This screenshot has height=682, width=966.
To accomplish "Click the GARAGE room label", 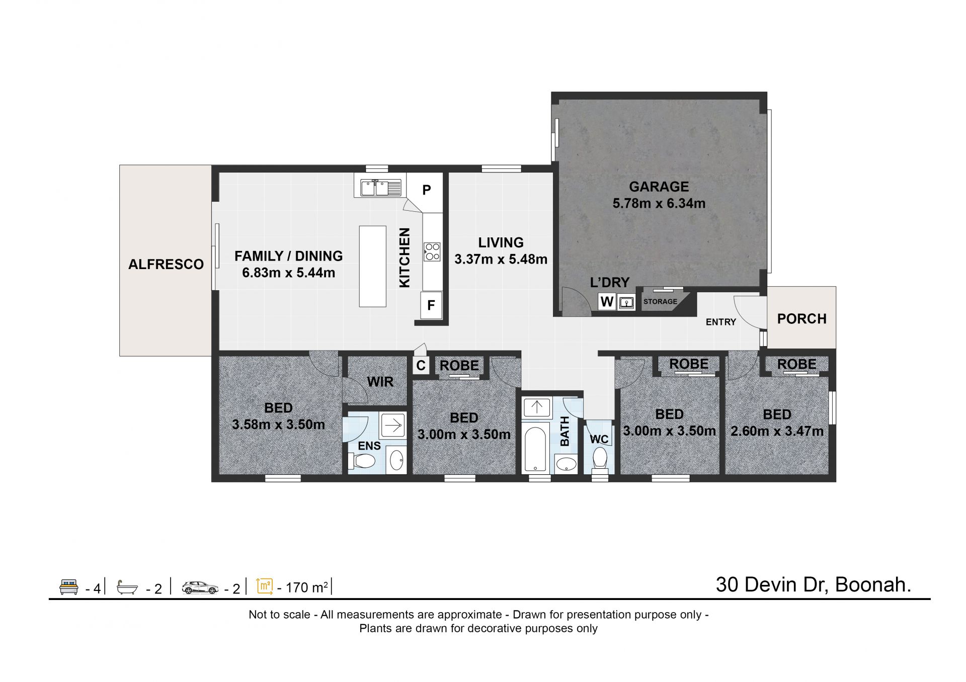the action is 659,187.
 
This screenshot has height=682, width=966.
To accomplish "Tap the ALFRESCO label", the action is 166,264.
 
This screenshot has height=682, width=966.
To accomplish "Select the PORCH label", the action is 801,318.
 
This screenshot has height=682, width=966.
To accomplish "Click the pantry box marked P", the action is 426,190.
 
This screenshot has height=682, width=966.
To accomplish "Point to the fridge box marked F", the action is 431,305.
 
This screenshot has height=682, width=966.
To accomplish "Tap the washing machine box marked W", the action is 607,302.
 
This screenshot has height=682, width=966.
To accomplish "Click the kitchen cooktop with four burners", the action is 432,251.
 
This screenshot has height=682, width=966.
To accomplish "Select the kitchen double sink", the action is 381,189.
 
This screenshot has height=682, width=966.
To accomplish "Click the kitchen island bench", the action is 372,266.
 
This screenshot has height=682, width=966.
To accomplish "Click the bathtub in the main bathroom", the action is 536,450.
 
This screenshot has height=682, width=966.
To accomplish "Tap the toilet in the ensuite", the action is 364,461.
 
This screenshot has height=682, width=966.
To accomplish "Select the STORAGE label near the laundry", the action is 660,301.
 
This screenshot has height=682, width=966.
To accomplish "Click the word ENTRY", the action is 720,322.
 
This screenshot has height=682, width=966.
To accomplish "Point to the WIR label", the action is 380,382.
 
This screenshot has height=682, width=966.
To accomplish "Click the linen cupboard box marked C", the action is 421,366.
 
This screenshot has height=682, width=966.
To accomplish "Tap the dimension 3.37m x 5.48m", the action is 501,260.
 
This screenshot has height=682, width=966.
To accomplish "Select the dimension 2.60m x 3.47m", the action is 777,431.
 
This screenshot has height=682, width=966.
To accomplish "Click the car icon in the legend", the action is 200,587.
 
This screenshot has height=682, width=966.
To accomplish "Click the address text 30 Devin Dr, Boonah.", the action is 814,584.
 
